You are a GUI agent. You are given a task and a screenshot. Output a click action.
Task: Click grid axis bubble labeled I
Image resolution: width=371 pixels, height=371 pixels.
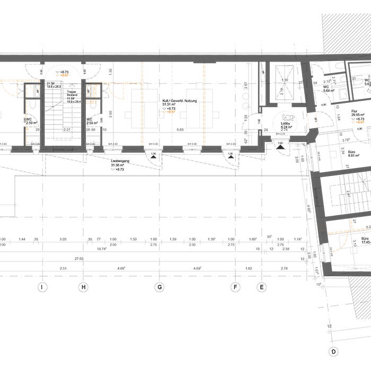click(41, 287)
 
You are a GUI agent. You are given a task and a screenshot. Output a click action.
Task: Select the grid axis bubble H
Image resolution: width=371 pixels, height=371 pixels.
click(83, 287)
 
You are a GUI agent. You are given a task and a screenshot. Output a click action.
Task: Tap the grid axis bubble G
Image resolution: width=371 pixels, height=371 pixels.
click(158, 287)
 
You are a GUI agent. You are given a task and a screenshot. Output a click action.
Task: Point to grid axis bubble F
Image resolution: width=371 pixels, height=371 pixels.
click(236, 287)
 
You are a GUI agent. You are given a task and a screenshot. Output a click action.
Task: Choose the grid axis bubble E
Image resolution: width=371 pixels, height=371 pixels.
click(261, 287)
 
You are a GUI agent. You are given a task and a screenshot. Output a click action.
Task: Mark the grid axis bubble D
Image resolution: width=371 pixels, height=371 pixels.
click(334, 351)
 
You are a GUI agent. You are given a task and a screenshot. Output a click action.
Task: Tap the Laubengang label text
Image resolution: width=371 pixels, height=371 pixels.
click(117, 162)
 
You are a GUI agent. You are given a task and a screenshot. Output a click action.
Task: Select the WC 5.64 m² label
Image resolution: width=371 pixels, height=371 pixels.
click(329, 88)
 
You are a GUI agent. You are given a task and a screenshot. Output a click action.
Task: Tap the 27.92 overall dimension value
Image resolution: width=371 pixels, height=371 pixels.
click(79, 259)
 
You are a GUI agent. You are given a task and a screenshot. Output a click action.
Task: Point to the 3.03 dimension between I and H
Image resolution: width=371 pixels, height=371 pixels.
click(63, 240)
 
